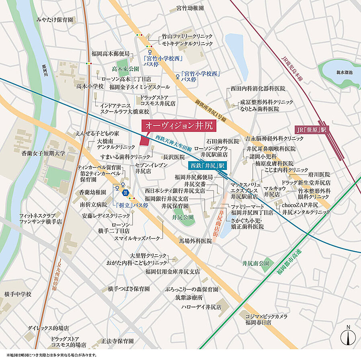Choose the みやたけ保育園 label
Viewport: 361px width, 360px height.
tap(55, 19)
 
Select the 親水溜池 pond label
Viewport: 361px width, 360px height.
tap(345, 72)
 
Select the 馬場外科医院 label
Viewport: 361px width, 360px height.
tap(195, 241)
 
